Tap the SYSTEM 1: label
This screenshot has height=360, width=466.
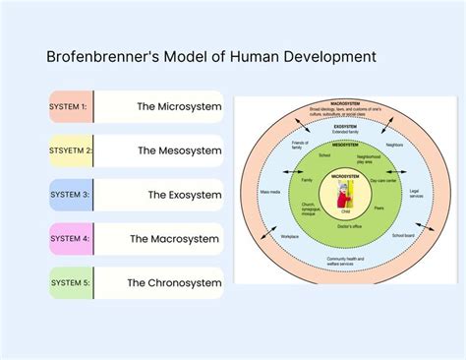69,106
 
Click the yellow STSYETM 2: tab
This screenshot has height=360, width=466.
70,150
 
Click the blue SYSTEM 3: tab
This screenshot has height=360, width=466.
70,194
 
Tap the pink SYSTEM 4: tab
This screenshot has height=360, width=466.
70,238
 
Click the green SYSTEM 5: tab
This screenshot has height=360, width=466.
70,282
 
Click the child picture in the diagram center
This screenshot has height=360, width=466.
344,193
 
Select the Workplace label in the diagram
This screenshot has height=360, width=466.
289,236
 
